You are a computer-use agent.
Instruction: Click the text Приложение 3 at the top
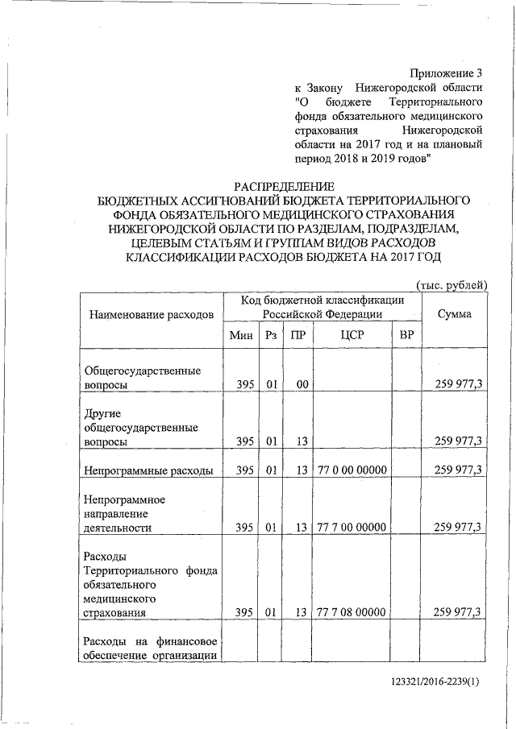point(445,73)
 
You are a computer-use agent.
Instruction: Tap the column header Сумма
point(454,313)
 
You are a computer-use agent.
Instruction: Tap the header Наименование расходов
point(152,314)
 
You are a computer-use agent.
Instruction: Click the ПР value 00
point(301,385)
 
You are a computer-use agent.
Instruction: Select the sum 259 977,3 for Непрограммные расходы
point(458,470)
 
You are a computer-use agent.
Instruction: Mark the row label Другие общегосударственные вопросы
point(142,427)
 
